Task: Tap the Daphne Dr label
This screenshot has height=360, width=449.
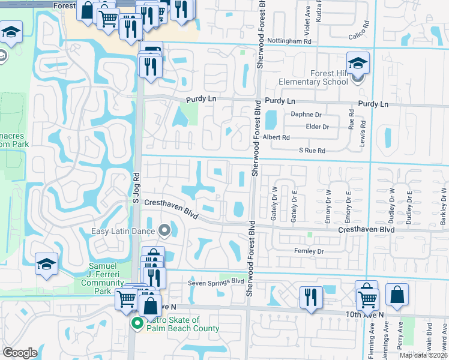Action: (x=306, y=114)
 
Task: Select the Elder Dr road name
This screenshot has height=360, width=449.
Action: (x=317, y=127)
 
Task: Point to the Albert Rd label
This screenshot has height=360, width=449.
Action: (x=277, y=137)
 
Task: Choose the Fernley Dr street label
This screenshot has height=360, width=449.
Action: (x=309, y=251)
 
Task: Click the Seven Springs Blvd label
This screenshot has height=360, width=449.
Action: (x=215, y=281)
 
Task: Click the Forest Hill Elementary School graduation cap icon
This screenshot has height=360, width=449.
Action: (x=357, y=63)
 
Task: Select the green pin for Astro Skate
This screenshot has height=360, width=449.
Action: (x=137, y=324)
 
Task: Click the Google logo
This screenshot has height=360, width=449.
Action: (x=20, y=353)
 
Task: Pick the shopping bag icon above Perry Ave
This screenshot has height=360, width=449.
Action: (x=397, y=294)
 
